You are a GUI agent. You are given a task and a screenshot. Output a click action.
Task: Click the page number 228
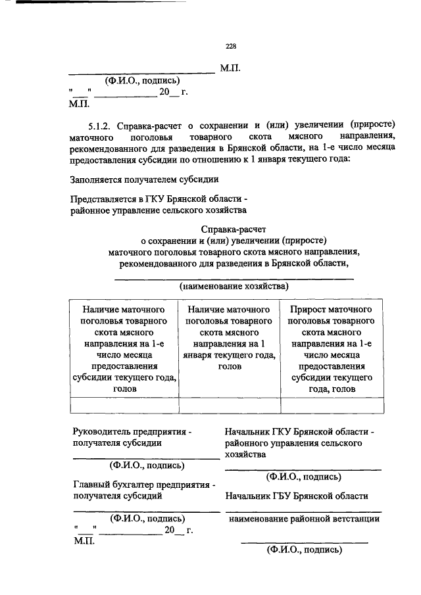pos(230,46)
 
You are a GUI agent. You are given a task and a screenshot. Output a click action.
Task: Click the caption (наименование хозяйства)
pos(234,287)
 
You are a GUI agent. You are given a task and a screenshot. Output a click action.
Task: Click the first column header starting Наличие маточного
pos(124,348)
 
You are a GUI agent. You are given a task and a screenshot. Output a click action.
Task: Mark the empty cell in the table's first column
pos(124,405)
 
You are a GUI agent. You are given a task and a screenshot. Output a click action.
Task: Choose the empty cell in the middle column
pos(229,405)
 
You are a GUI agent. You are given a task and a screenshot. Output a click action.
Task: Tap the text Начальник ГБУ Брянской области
pos(296,496)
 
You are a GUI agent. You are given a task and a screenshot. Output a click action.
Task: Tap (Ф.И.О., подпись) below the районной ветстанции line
pos(303,550)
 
